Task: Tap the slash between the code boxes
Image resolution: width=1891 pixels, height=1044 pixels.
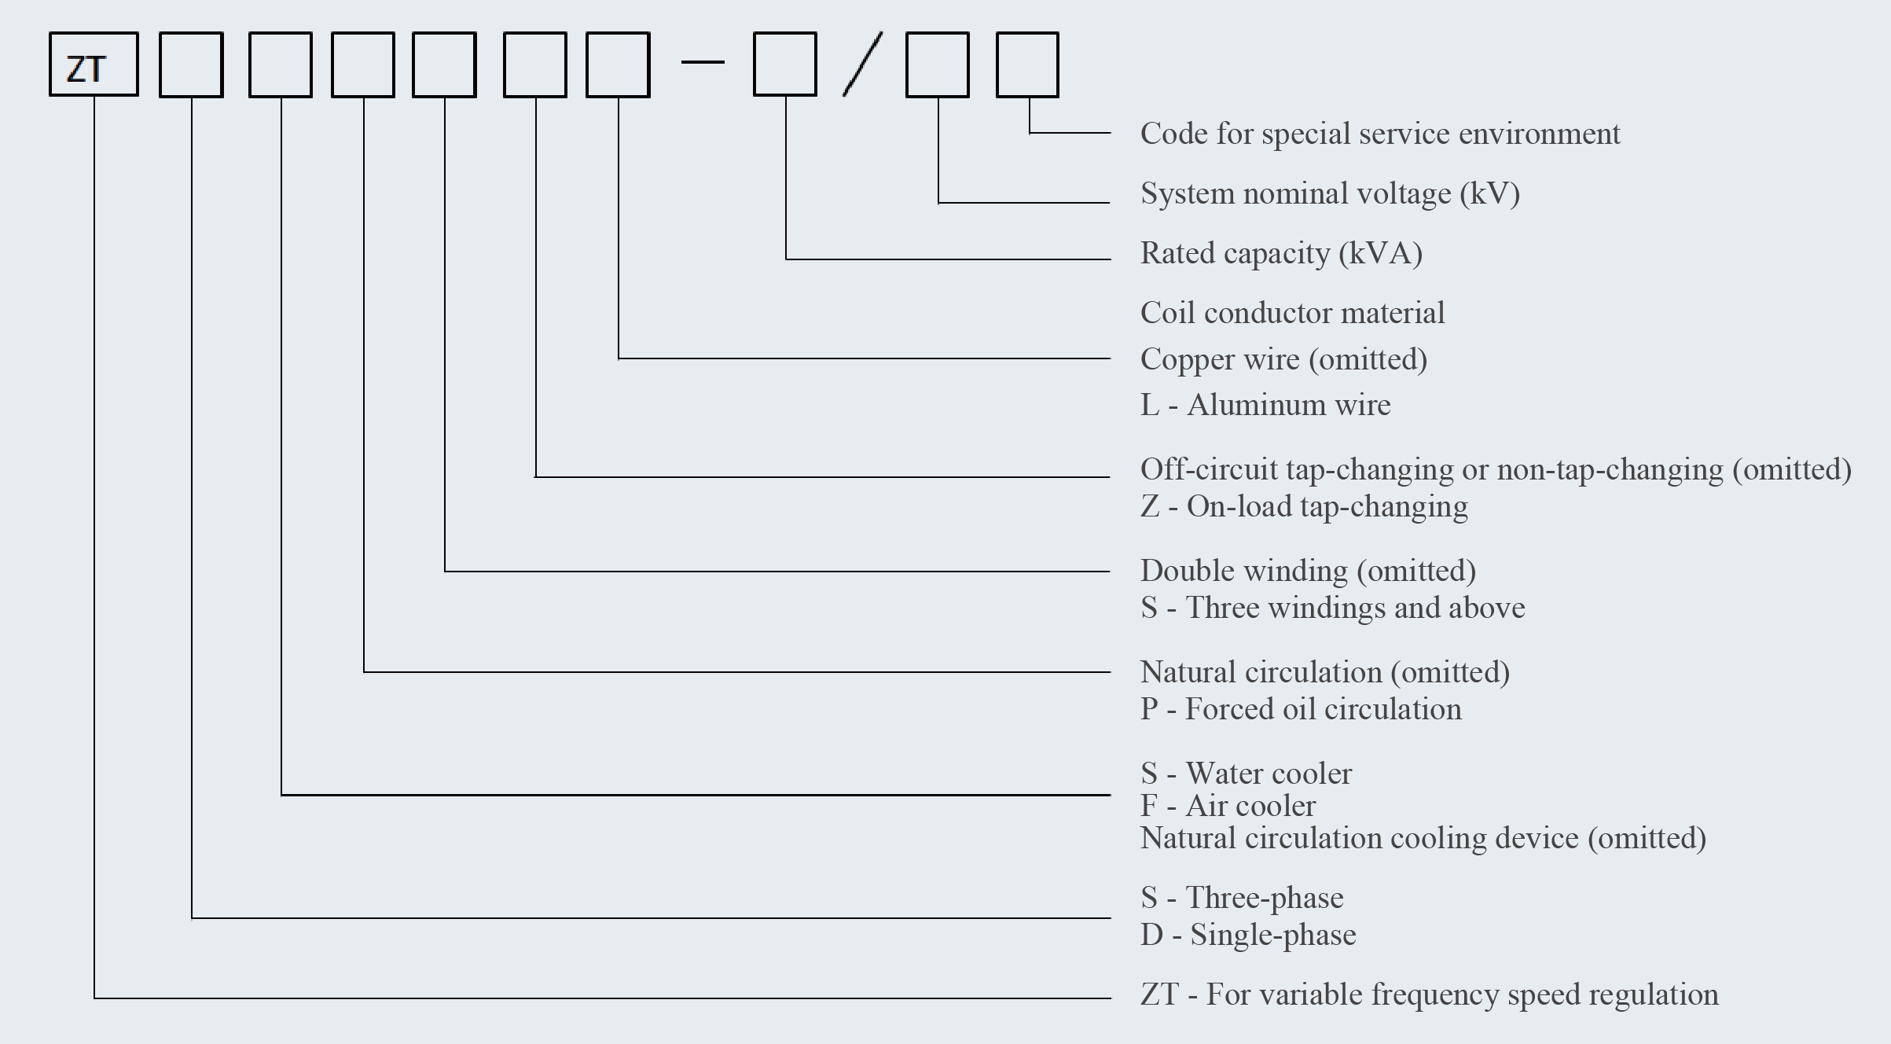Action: pyautogui.click(x=862, y=64)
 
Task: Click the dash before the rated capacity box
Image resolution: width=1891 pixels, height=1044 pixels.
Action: pyautogui.click(x=703, y=62)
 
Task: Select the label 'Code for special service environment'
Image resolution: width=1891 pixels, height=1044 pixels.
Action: pyautogui.click(x=1380, y=134)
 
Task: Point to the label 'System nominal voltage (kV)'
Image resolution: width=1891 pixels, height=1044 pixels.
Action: pyautogui.click(x=1330, y=193)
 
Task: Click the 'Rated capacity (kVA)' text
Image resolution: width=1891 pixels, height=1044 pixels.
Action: pyautogui.click(x=1281, y=253)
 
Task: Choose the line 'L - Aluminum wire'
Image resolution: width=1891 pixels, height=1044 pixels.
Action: pyautogui.click(x=1265, y=405)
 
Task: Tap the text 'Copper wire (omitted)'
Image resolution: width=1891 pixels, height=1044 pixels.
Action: pyautogui.click(x=1283, y=359)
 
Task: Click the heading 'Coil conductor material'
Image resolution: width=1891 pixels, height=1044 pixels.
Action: pyautogui.click(x=1292, y=313)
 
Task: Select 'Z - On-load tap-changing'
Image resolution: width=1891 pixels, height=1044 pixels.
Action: pyautogui.click(x=1304, y=507)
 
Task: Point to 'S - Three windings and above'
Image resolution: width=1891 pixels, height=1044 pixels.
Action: pyautogui.click(x=1332, y=608)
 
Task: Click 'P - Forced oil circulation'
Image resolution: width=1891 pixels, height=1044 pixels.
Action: pyautogui.click(x=1301, y=709)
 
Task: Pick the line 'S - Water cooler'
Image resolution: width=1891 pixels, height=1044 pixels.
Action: pyautogui.click(x=1246, y=774)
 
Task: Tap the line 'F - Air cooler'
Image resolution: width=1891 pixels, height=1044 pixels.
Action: pyautogui.click(x=1228, y=806)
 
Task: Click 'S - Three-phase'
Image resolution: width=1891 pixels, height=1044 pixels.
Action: pyautogui.click(x=1242, y=898)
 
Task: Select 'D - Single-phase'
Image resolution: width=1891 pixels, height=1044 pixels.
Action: pyautogui.click(x=1248, y=935)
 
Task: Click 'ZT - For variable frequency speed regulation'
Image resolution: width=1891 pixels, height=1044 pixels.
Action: pyautogui.click(x=1429, y=994)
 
